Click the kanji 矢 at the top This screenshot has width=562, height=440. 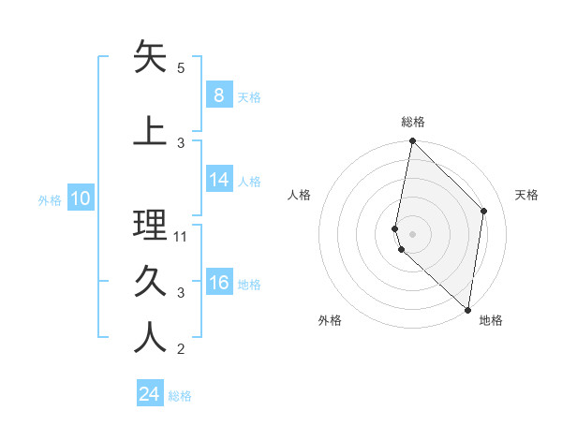(151, 57)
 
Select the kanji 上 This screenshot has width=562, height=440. (151, 132)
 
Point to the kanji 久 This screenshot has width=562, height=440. (151, 282)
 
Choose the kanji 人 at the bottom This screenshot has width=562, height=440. (151, 338)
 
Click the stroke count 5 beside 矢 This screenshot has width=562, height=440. (181, 68)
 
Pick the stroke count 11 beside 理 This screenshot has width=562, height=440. (182, 237)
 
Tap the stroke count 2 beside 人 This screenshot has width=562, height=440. (181, 349)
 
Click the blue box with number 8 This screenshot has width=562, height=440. (218, 95)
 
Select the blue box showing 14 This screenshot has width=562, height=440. (218, 180)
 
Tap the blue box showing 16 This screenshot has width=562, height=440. (218, 283)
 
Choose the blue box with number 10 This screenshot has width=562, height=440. (81, 198)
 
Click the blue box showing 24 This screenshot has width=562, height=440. (150, 394)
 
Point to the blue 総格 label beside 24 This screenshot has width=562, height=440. (180, 396)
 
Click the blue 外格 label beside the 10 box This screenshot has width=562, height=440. (50, 199)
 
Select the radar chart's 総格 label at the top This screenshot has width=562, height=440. (413, 122)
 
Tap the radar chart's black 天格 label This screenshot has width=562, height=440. (526, 195)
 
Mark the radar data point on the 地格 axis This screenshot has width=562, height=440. (468, 310)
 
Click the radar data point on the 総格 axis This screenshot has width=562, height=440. (412, 140)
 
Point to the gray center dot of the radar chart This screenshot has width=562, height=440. (413, 233)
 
